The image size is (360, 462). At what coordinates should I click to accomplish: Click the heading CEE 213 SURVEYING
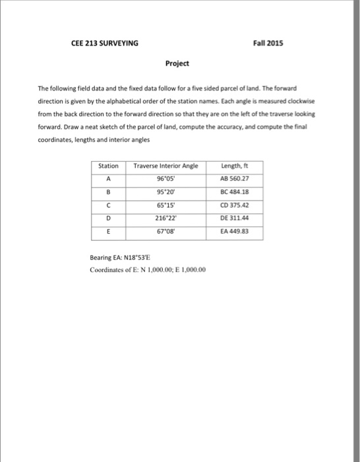[104, 44]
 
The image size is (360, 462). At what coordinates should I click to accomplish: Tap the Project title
[177, 63]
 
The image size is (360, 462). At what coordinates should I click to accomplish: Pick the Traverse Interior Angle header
[165, 166]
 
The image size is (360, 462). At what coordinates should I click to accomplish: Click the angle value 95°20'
[165, 191]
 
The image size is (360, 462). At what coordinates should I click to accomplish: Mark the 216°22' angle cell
[165, 218]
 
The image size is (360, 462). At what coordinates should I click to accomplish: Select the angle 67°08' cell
[165, 232]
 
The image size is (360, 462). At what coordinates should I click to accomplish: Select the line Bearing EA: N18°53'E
[122, 259]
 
